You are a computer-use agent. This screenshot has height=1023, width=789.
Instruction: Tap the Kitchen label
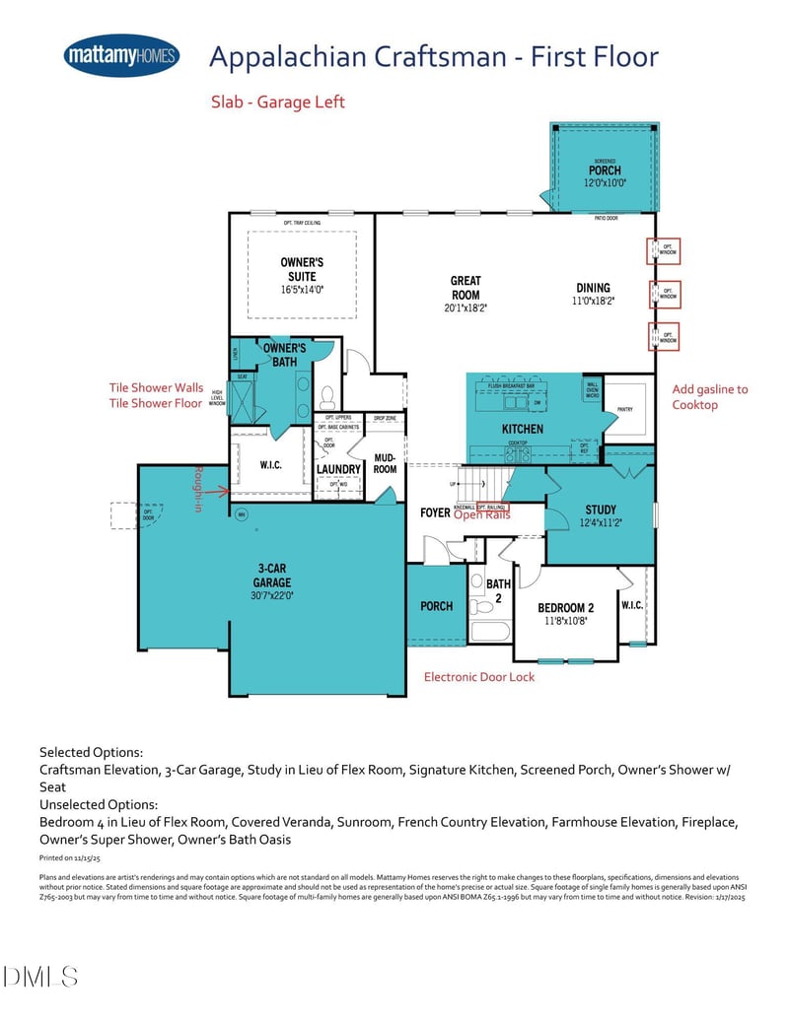click(522, 429)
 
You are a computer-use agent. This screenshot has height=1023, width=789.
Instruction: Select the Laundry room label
click(338, 469)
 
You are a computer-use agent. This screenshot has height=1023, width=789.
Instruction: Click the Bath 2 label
click(498, 590)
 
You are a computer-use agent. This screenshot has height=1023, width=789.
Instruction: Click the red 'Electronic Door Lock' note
click(479, 677)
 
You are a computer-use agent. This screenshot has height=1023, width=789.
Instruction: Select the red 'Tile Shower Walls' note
click(155, 388)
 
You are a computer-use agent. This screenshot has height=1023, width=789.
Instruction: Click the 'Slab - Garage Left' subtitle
click(278, 102)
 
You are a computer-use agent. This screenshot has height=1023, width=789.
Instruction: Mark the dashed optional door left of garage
click(123, 515)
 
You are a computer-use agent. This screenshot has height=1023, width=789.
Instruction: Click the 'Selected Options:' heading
click(92, 752)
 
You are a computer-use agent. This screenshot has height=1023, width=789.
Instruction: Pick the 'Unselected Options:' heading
click(99, 804)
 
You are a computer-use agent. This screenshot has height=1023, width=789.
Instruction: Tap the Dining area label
click(594, 289)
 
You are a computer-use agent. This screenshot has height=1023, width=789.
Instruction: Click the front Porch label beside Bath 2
click(436, 606)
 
